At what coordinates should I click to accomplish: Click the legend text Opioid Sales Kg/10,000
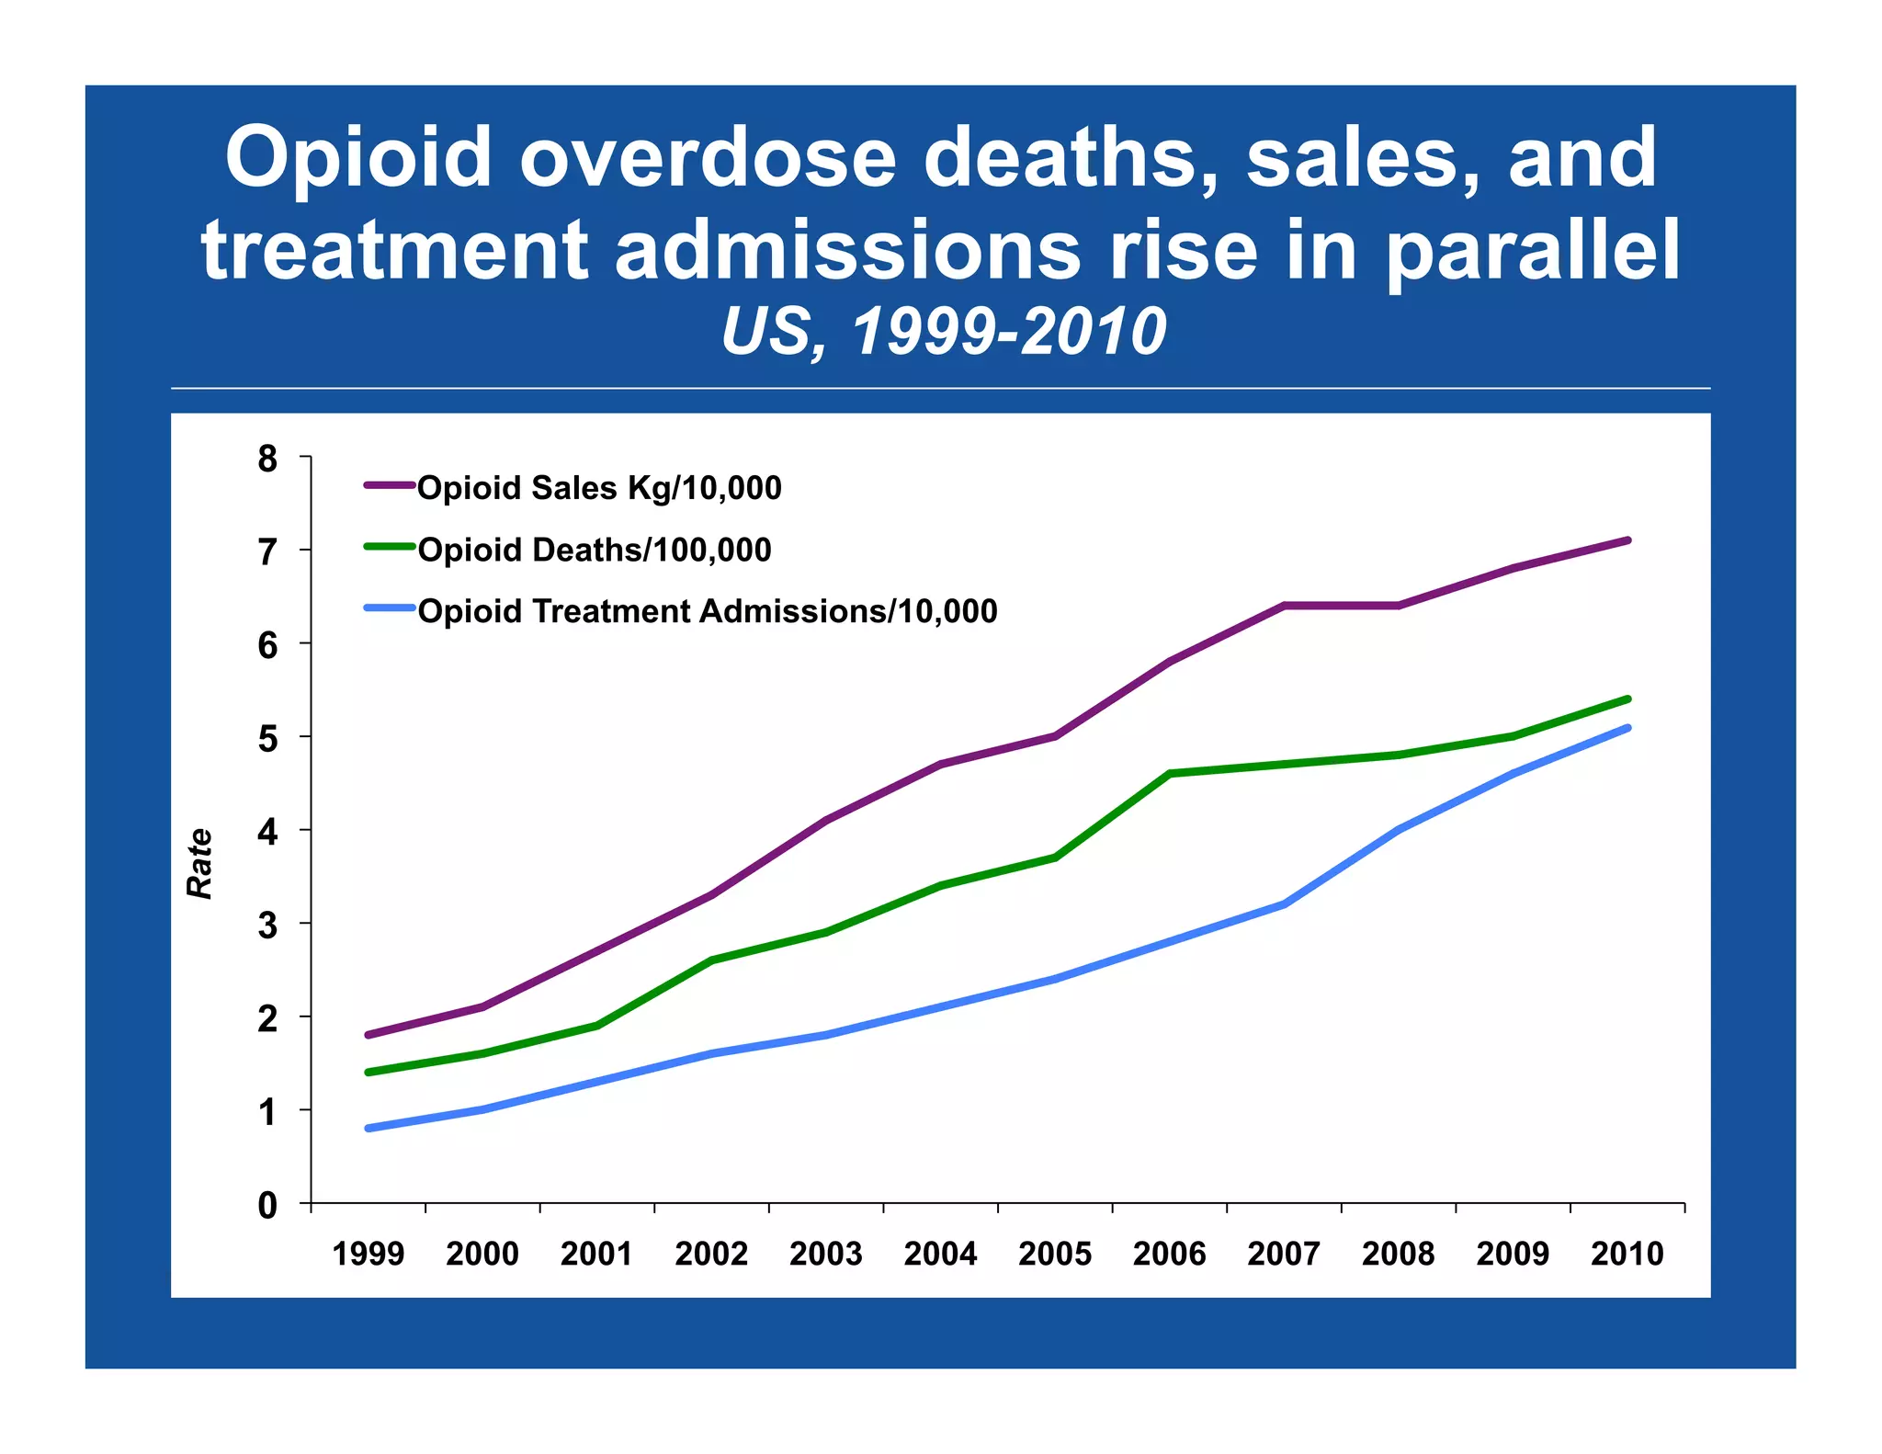click(x=599, y=488)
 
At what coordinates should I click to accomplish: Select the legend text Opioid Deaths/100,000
click(x=595, y=550)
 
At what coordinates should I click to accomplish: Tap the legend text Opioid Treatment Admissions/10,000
click(x=707, y=611)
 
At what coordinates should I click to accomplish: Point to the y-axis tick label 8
click(x=267, y=458)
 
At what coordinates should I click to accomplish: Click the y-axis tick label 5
click(x=267, y=738)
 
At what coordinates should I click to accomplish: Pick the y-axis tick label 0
click(x=267, y=1205)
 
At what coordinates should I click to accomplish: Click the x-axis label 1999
click(x=368, y=1254)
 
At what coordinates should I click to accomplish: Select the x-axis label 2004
click(x=940, y=1254)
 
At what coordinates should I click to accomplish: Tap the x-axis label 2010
click(x=1627, y=1254)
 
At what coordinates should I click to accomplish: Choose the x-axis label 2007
click(x=1284, y=1254)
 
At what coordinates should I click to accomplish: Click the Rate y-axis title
click(x=199, y=863)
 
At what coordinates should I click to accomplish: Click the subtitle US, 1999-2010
click(x=943, y=332)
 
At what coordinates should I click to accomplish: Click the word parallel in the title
click(x=1533, y=250)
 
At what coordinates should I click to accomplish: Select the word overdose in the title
click(x=708, y=158)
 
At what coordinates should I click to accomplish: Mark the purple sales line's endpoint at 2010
click(x=1627, y=540)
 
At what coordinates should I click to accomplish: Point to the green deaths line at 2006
click(x=1170, y=774)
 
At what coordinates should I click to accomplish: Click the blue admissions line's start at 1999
click(x=368, y=1128)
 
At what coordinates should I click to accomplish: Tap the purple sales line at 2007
click(x=1284, y=606)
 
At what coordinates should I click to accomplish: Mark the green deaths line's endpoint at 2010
click(x=1627, y=699)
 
